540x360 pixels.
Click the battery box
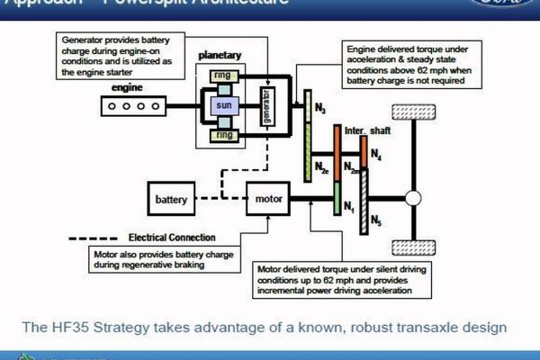[x=171, y=198]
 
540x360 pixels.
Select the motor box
[x=271, y=197]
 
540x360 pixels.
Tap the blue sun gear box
[x=225, y=107]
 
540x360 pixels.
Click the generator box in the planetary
[x=265, y=106]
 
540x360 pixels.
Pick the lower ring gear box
[x=225, y=136]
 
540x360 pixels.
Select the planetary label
[x=223, y=55]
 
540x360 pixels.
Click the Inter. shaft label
[x=366, y=131]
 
